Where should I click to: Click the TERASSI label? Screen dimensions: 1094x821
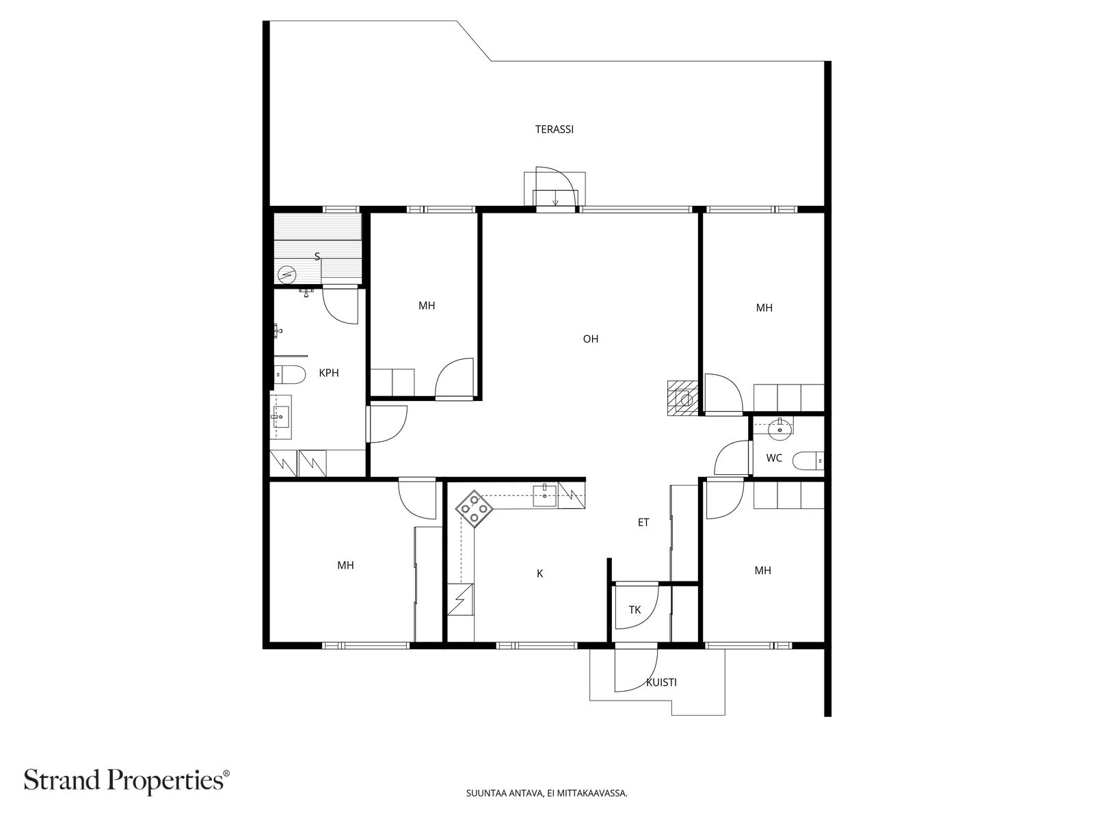point(555,129)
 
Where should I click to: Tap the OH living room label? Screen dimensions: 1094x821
point(591,339)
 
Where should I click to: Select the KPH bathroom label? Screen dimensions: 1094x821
point(329,373)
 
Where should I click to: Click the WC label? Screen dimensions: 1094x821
point(774,458)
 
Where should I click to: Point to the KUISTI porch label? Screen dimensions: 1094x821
point(661,683)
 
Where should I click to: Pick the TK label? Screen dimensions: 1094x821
point(635,610)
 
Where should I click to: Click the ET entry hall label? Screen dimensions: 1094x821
point(643,523)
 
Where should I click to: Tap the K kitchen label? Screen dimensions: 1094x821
point(539,574)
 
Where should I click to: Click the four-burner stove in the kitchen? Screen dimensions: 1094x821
point(475,508)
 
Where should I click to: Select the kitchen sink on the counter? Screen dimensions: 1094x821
point(545,495)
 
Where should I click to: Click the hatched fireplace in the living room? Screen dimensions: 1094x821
point(683,398)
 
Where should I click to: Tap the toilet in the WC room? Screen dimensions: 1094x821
point(808,461)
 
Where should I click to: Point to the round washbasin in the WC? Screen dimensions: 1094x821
point(779,430)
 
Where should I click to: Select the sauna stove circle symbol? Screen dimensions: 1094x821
point(286,274)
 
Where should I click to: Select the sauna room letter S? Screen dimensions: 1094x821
point(317,257)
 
